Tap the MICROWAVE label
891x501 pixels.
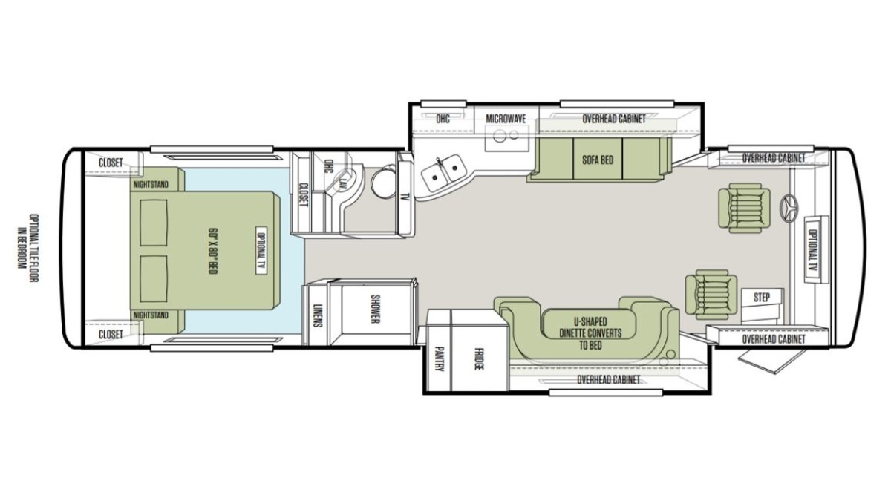click(x=506, y=119)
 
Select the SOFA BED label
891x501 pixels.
click(x=598, y=160)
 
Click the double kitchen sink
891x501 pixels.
click(x=444, y=172)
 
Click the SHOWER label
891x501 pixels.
click(x=375, y=309)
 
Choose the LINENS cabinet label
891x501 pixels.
click(x=316, y=315)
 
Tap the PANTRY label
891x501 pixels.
click(x=438, y=359)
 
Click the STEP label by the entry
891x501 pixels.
click(x=761, y=297)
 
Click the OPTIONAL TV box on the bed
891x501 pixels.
click(x=261, y=252)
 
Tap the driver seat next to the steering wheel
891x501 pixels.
click(x=744, y=208)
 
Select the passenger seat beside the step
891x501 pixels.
click(x=711, y=295)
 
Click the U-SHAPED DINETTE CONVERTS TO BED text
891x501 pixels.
click(x=590, y=333)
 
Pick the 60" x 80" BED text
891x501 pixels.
click(x=213, y=251)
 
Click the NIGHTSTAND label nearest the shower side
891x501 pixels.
click(x=151, y=315)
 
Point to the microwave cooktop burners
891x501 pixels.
click(x=506, y=136)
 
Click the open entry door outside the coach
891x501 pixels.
click(x=771, y=361)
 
